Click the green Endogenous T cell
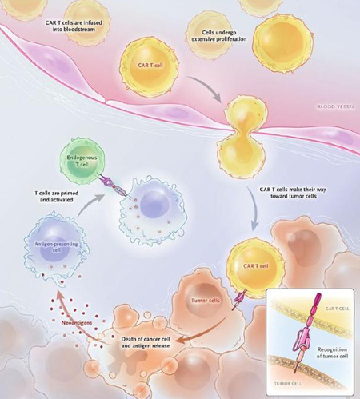pyautogui.click(x=82, y=161)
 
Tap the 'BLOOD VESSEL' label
pyautogui.click(x=336, y=106)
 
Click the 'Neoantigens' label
pyautogui.click(x=77, y=323)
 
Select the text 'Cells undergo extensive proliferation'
pyautogui.click(x=219, y=36)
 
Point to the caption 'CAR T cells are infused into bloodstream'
pyautogui.click(x=74, y=26)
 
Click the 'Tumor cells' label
pyautogui.click(x=206, y=301)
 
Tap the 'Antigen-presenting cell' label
pyautogui.click(x=57, y=247)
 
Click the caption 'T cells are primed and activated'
pyautogui.click(x=56, y=196)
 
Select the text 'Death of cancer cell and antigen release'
pyautogui.click(x=146, y=342)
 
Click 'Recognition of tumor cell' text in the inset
pyautogui.click(x=332, y=353)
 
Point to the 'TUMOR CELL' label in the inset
pyautogui.click(x=288, y=384)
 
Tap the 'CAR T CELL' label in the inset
pyautogui.click(x=337, y=309)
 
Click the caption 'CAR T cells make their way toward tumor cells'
pyautogui.click(x=293, y=193)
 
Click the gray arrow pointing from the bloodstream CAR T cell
pyautogui.click(x=206, y=86)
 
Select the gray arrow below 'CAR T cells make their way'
pyautogui.click(x=255, y=206)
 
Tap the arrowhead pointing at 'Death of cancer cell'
pyautogui.click(x=181, y=341)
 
